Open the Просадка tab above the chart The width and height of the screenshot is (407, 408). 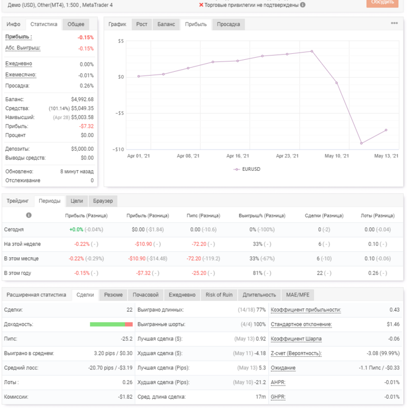(228, 24)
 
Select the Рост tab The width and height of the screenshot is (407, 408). (141, 24)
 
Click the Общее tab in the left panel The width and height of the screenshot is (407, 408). (76, 24)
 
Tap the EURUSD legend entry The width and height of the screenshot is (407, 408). (246, 169)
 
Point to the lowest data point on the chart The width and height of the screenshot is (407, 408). (361, 143)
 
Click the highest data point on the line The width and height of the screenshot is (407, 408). (312, 51)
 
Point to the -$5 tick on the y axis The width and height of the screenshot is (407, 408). (120, 113)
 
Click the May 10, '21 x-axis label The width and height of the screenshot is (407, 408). (336, 156)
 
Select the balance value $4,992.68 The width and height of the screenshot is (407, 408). (82, 100)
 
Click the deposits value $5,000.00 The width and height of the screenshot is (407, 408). (82, 149)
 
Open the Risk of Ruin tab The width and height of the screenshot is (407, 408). (219, 295)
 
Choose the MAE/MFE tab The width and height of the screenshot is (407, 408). (298, 295)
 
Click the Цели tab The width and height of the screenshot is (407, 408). (77, 201)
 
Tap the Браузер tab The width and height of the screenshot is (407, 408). (103, 201)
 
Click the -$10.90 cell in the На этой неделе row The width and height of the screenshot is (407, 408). (144, 244)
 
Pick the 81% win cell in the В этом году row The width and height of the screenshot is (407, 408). (257, 273)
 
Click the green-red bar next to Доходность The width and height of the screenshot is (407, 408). (111, 324)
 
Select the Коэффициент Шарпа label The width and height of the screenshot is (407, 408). (296, 339)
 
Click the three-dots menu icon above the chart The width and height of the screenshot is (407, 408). (394, 23)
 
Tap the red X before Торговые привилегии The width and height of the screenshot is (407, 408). (201, 5)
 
